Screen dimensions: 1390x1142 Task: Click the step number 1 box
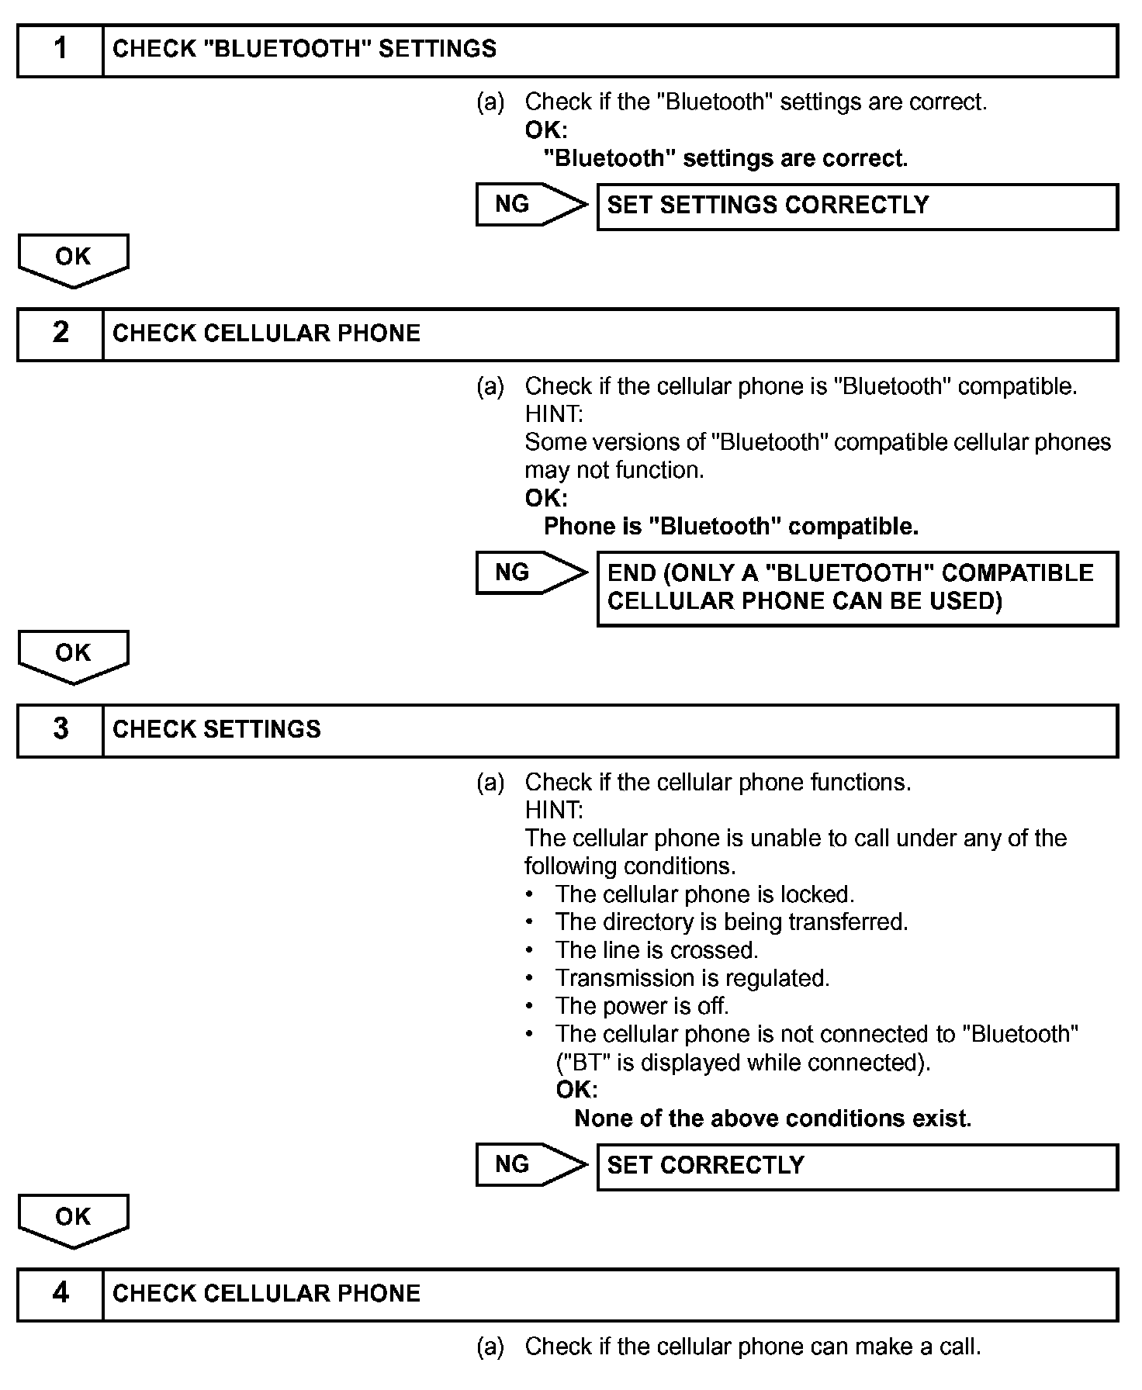coord(61,50)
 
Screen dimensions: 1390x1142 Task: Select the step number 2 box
coord(61,334)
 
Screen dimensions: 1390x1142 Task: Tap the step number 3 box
coord(61,730)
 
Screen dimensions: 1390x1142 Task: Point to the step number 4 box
coord(61,1294)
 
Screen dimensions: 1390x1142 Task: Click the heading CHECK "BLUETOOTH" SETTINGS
coord(304,50)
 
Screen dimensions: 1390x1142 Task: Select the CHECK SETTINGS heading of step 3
coord(216,730)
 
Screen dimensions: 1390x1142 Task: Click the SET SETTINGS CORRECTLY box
coord(856,206)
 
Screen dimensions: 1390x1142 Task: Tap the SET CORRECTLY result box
coord(856,1166)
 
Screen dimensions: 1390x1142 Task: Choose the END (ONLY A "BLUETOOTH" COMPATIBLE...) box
coord(856,588)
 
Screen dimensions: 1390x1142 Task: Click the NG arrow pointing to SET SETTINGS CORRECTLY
coord(531,205)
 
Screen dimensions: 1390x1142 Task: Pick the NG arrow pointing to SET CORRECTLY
coord(531,1164)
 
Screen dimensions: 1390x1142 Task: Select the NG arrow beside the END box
coord(531,573)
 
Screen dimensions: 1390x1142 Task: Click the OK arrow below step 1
coord(73,259)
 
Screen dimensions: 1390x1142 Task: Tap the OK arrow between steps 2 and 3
coord(73,655)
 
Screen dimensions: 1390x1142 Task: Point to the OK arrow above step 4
coord(73,1219)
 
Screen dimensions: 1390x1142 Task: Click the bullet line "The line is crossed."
coord(656,950)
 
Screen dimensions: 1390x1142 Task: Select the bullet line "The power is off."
coord(642,1006)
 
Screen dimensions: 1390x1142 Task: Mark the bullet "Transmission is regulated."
coord(692,978)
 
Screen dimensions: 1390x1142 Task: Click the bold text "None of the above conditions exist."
coord(773,1119)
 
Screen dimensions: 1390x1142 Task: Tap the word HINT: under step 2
coord(554,414)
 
